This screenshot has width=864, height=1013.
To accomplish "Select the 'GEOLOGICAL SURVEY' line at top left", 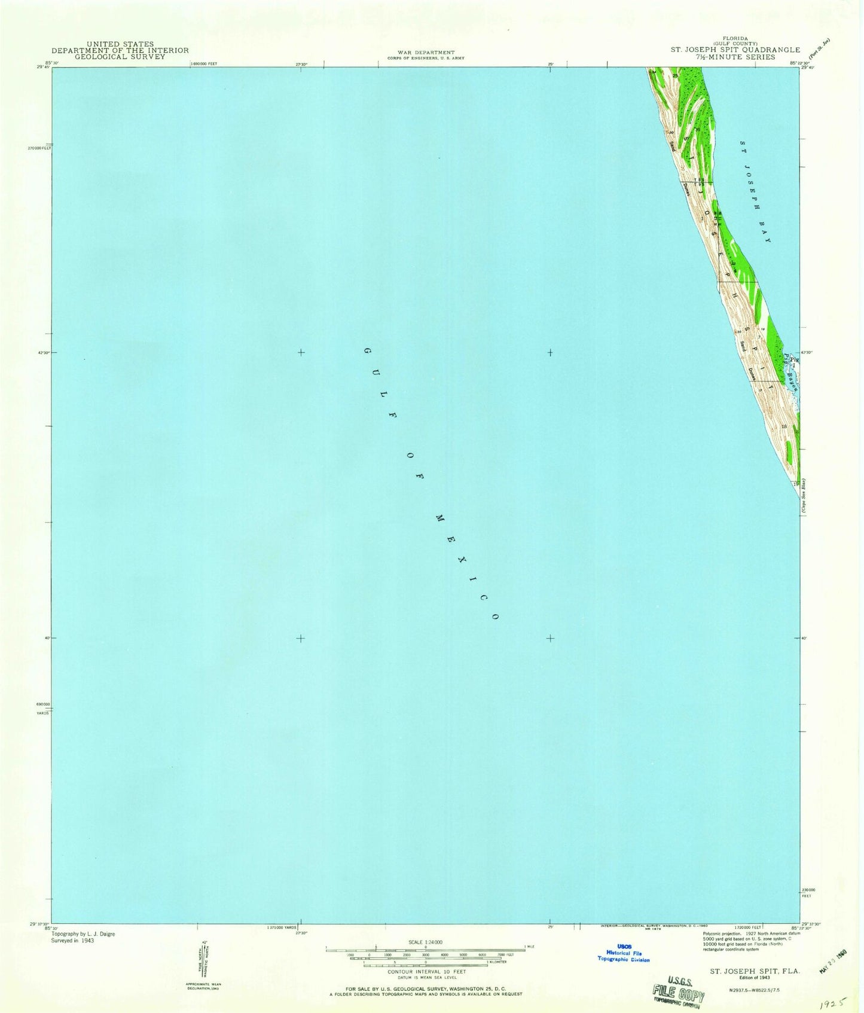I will click(x=120, y=57).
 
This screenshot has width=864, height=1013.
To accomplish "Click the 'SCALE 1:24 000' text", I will click(x=425, y=942).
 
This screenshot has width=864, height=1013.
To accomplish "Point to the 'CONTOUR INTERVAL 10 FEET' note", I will click(x=425, y=972).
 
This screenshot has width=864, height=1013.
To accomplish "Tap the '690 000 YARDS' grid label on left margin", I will click(x=42, y=708).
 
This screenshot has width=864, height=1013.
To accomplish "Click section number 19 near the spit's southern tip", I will click(x=796, y=483).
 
